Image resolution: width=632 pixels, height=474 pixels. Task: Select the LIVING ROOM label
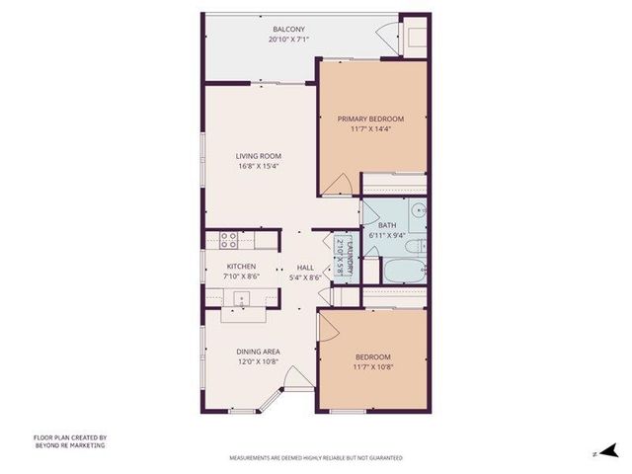click(259, 155)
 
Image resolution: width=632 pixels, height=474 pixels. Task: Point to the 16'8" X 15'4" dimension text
click(259, 165)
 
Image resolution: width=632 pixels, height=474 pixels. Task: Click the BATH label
click(386, 225)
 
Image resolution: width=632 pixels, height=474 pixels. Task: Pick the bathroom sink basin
click(418, 208)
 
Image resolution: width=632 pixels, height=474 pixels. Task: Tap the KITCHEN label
click(241, 267)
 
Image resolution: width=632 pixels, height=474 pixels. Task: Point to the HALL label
click(305, 267)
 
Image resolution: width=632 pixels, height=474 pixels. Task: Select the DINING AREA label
click(258, 352)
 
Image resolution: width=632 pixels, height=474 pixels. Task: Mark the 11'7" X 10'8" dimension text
click(372, 366)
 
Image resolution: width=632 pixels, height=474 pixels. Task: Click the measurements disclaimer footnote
click(315, 458)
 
